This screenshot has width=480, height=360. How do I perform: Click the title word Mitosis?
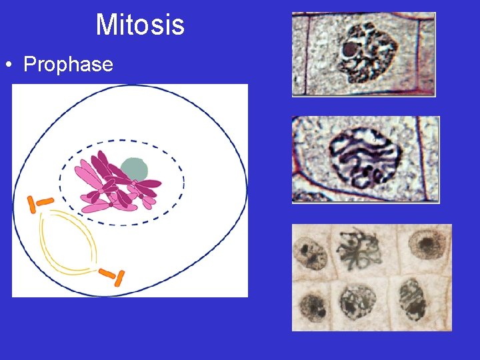pyautogui.click(x=140, y=25)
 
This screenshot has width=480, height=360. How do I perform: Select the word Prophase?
pyautogui.click(x=68, y=65)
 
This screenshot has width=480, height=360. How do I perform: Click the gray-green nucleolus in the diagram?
pyautogui.click(x=135, y=169)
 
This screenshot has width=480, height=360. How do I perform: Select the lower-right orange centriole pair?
pyautogui.click(x=111, y=275)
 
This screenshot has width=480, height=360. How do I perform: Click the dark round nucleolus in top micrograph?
pyautogui.click(x=349, y=49)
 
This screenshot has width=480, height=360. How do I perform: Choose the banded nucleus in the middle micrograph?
pyautogui.click(x=365, y=158)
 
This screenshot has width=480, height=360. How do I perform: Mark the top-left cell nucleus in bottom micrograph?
pyautogui.click(x=310, y=254)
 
